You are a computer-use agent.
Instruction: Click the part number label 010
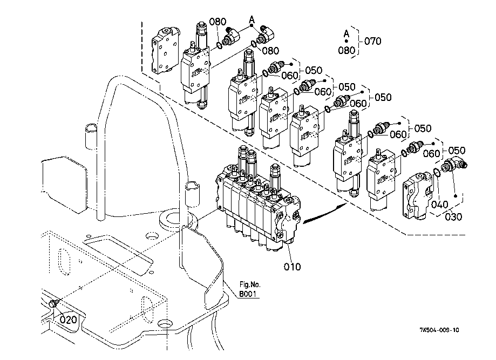pyautogui.click(x=292, y=267)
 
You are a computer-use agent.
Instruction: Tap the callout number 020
pyautogui.click(x=69, y=320)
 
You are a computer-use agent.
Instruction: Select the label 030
pyautogui.click(x=453, y=217)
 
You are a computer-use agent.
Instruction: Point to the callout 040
pyautogui.click(x=439, y=205)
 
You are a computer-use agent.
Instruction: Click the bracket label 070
pyautogui.click(x=372, y=41)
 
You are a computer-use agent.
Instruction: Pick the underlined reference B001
pyautogui.click(x=247, y=294)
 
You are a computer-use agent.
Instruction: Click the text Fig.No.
pyautogui.click(x=250, y=284)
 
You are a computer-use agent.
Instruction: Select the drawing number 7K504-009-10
pyautogui.click(x=439, y=330)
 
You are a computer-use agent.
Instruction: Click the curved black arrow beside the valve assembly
pyautogui.click(x=324, y=213)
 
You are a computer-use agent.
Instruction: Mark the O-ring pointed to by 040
pyautogui.click(x=436, y=173)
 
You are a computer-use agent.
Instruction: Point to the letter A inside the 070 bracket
pyautogui.click(x=346, y=33)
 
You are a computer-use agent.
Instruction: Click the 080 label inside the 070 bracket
pyautogui.click(x=346, y=50)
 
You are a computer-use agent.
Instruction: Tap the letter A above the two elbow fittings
pyautogui.click(x=252, y=20)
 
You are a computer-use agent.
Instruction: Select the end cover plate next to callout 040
pyautogui.click(x=417, y=196)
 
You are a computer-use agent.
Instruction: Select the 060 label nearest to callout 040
pyautogui.click(x=431, y=153)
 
